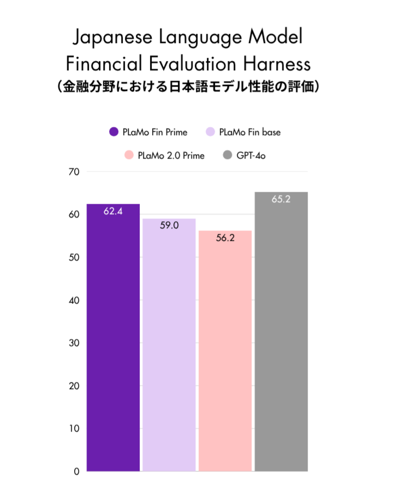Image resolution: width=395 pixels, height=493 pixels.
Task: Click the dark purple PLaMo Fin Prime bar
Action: coord(113,338)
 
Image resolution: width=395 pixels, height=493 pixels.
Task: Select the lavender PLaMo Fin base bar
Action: coord(169,346)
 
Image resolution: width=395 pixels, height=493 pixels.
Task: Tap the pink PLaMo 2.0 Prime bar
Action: coord(225,351)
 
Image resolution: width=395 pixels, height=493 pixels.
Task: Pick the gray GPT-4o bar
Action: coord(282,332)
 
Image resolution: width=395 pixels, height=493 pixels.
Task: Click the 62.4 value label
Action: coord(113,211)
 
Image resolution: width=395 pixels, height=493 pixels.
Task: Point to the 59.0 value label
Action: coord(169,225)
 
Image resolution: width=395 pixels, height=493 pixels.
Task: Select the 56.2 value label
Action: coord(225,238)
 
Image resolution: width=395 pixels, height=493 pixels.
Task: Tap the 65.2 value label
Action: coord(281,199)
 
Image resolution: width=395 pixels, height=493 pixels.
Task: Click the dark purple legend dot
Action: coord(114,132)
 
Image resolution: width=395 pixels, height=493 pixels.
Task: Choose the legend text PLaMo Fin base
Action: coord(250,132)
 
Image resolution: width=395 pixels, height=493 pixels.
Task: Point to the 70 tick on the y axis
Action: coord(74,172)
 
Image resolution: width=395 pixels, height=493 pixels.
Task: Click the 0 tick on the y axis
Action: coord(77,471)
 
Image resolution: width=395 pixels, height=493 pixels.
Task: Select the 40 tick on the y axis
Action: coord(74,300)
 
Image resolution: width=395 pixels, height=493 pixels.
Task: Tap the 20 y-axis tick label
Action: coord(74,386)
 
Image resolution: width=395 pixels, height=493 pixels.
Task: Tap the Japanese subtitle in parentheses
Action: coord(188,87)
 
